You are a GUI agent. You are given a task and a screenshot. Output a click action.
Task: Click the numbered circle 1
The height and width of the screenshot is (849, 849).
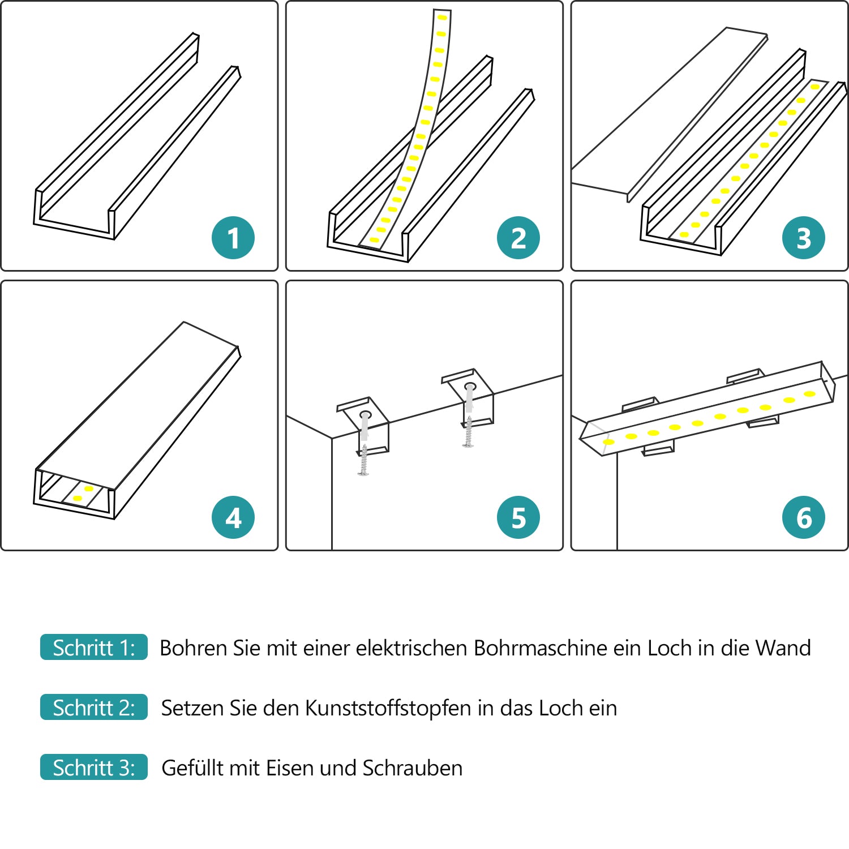point(233,238)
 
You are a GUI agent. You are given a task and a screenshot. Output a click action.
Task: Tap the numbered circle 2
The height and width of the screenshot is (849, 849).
point(518,238)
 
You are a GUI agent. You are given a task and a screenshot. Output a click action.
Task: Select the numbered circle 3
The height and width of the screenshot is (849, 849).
point(803,238)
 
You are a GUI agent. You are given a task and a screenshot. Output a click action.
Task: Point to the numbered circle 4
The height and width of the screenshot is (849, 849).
point(233,517)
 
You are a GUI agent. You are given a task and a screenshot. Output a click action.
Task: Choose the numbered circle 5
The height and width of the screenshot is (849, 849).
point(518,517)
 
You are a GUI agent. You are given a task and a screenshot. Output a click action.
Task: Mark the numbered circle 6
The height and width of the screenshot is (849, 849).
point(803,517)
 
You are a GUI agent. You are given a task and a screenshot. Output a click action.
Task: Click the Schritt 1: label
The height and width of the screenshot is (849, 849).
point(94,648)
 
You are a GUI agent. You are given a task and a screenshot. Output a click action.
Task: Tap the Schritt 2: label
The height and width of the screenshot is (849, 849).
point(94,707)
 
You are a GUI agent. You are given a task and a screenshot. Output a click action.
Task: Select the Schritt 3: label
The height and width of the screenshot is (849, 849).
point(94,767)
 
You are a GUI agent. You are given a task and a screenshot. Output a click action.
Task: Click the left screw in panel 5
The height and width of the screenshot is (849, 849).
point(363,460)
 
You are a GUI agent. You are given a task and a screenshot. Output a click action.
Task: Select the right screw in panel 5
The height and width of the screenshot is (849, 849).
point(468,432)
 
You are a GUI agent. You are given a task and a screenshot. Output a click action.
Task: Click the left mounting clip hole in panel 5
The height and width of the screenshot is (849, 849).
point(365,415)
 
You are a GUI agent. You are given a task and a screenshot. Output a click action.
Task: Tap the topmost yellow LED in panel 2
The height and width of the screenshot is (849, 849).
point(442,18)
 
